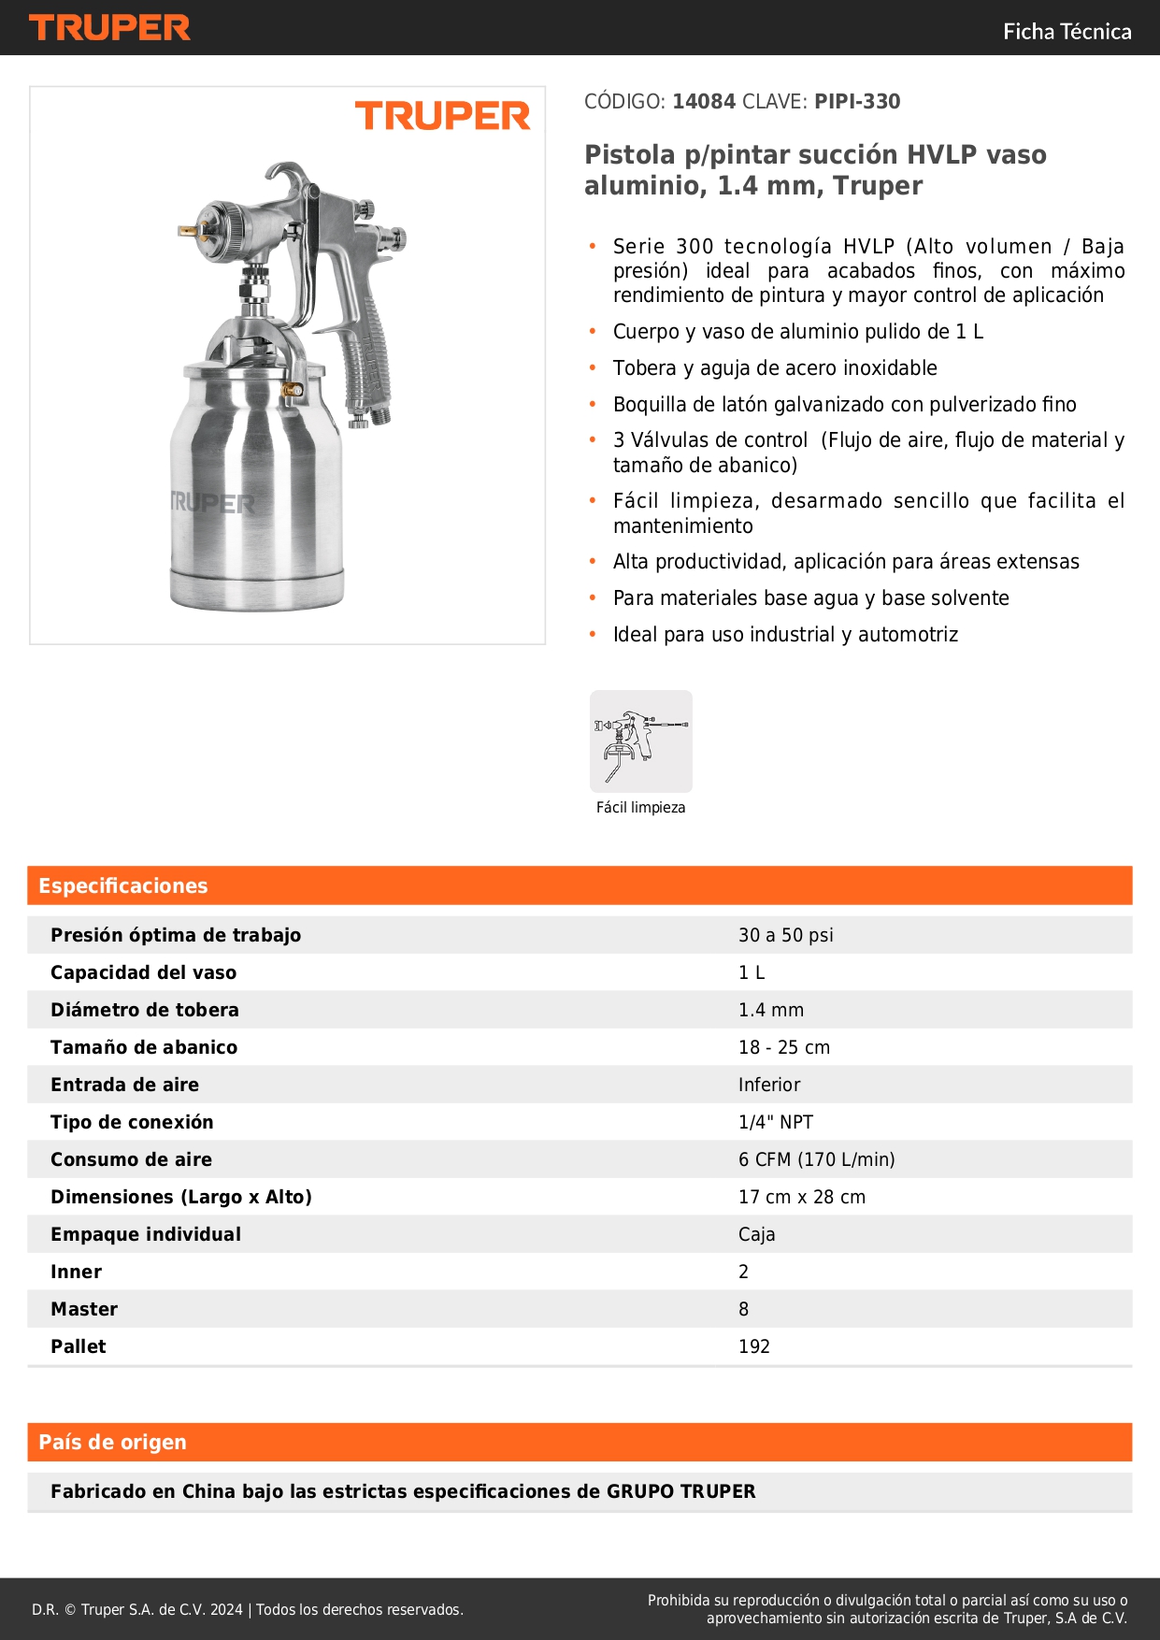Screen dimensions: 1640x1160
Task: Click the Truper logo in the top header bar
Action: [109, 28]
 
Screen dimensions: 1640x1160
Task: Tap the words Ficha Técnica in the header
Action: [1067, 32]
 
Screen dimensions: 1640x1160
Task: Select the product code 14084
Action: [704, 102]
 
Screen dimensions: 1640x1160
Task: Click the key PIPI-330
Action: [857, 102]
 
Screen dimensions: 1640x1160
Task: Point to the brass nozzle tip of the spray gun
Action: [188, 228]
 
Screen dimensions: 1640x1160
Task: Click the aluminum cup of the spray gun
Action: [254, 486]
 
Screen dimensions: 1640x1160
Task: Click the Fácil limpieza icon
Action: [640, 741]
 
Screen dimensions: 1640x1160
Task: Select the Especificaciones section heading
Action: [123, 885]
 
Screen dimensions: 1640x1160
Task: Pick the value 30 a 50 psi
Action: [785, 935]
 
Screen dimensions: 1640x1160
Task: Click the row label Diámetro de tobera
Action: [145, 1010]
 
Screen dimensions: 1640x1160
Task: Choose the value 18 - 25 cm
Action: [783, 1047]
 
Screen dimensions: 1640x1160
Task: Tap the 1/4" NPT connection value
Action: [775, 1122]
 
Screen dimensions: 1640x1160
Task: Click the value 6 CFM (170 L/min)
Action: [816, 1159]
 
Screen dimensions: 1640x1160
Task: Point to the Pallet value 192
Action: [753, 1346]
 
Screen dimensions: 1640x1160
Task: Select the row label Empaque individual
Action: [146, 1234]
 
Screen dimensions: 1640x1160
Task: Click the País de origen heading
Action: [112, 1442]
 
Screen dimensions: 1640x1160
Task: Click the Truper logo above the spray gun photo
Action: [442, 116]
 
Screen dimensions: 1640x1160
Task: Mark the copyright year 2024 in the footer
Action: [226, 1609]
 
